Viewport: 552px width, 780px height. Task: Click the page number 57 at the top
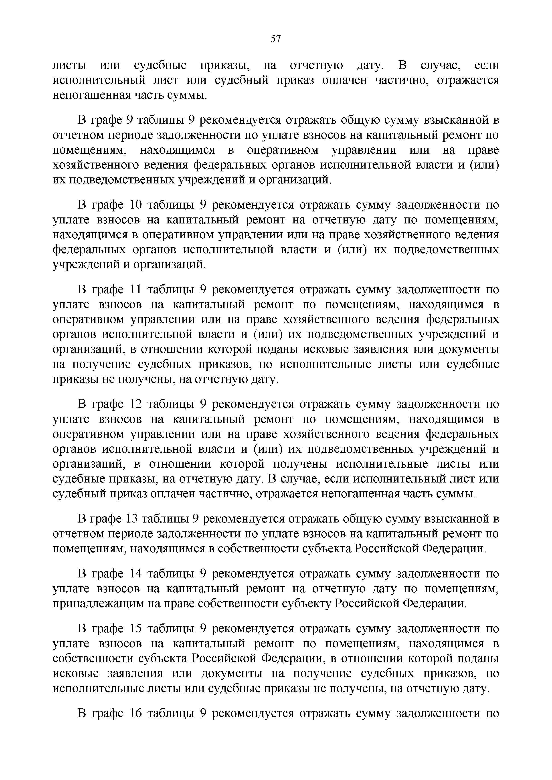coord(276,39)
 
